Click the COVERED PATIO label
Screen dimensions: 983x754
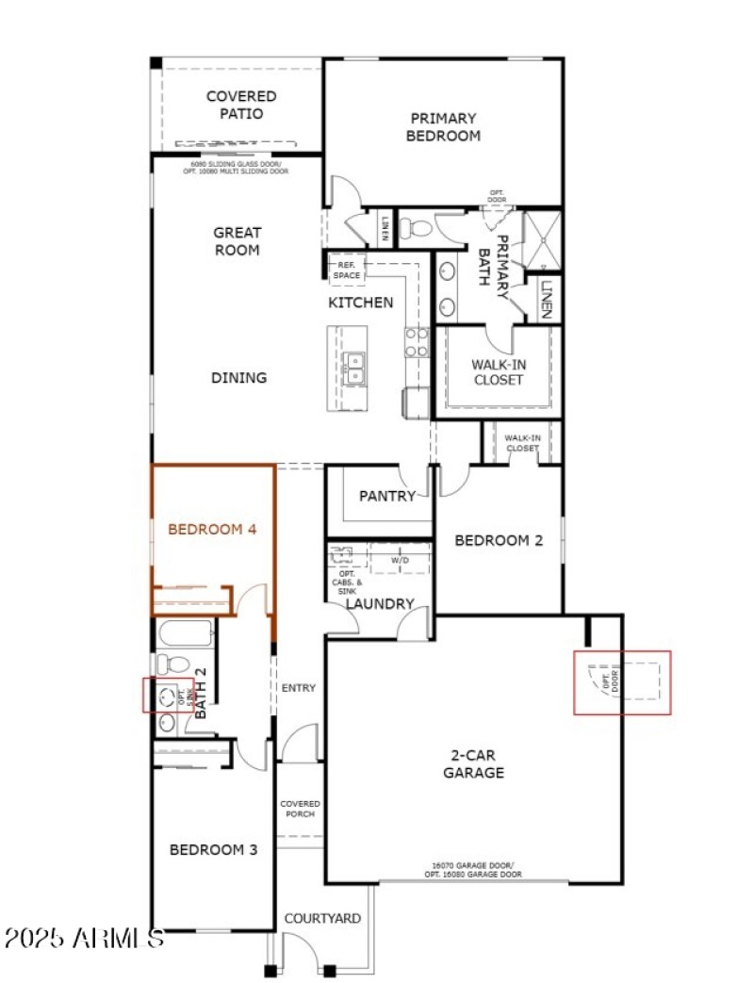241,105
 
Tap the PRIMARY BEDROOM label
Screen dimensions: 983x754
443,126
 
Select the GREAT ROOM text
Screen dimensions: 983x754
237,241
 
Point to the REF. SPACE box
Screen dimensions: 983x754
346,270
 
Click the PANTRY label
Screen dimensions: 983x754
387,496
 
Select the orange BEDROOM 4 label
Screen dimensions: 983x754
212,530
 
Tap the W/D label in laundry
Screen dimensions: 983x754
401,558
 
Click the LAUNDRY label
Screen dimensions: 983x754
379,603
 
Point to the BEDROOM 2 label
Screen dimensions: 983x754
499,541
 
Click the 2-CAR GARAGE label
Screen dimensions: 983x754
473,763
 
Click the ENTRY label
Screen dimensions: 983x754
299,688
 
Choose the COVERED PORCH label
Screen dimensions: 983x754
299,809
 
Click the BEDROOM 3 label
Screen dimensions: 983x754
213,849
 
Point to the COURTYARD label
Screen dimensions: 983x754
322,918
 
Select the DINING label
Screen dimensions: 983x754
238,378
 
